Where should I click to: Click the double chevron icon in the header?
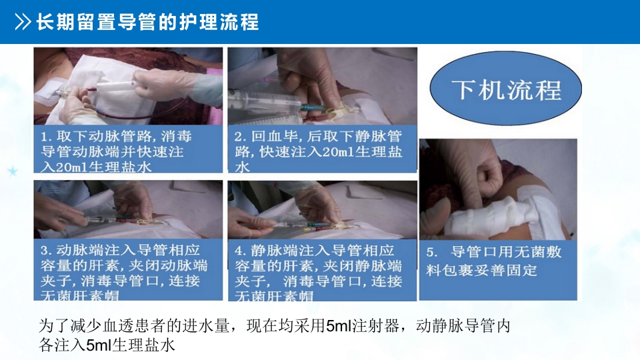point(23,23)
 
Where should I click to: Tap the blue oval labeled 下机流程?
point(506,90)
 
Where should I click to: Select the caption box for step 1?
point(127,150)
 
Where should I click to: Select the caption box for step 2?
point(323,150)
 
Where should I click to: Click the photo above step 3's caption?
point(127,209)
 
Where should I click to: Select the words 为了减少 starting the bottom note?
point(67,327)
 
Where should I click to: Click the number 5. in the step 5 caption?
point(431,253)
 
